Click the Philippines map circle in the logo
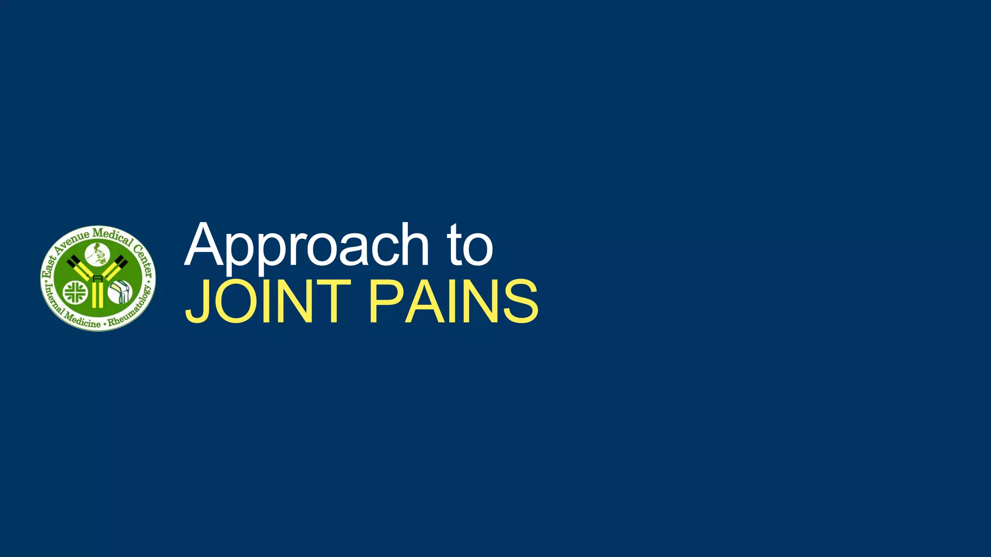pos(98,254)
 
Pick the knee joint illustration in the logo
pos(120,292)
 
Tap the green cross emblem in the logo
pos(75,292)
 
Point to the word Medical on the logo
pos(112,236)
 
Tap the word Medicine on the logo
pos(83,320)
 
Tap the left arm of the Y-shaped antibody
pos(79,268)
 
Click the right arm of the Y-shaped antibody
pos(115,268)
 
